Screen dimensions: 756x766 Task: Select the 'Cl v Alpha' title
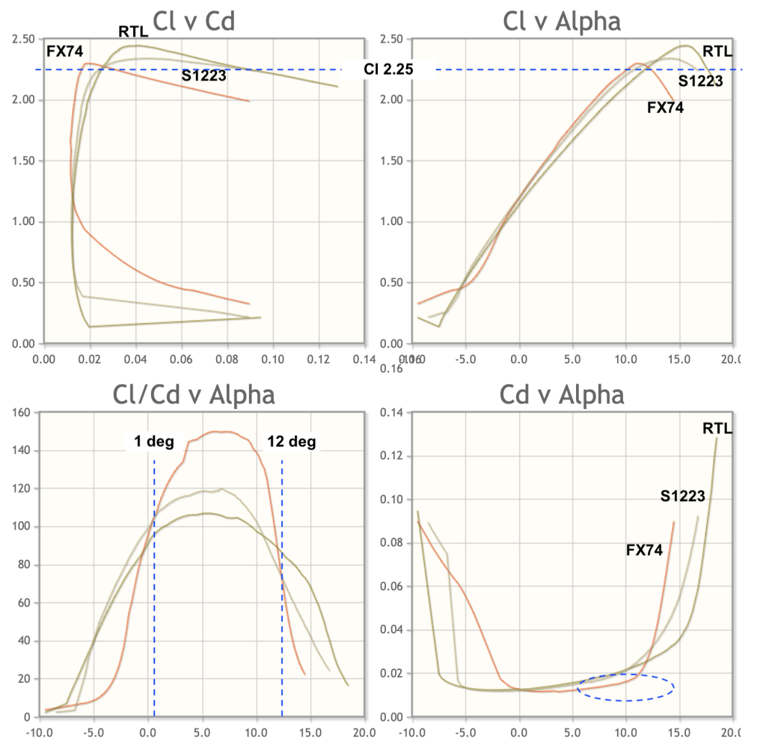tap(562, 21)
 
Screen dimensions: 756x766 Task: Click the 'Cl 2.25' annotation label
tap(387, 70)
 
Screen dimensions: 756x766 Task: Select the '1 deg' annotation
tap(154, 441)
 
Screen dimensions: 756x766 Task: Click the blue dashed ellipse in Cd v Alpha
tap(625, 687)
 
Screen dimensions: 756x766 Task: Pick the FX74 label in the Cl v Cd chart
tap(65, 52)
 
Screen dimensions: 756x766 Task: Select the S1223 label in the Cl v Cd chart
tap(203, 74)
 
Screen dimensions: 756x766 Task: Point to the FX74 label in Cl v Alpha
tap(665, 107)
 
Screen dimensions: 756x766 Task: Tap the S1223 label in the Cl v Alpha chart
tap(700, 82)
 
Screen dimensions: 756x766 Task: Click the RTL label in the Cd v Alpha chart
tap(717, 428)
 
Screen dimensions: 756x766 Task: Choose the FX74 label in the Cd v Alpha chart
tap(644, 550)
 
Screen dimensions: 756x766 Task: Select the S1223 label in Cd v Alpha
tap(682, 495)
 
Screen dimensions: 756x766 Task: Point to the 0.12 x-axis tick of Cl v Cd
tap(319, 359)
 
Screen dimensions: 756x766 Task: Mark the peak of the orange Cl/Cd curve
tap(224, 431)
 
